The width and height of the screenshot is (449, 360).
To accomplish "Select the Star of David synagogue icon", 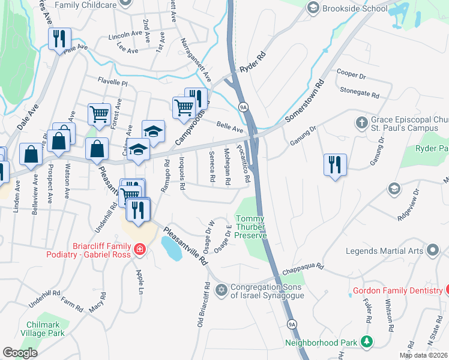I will click(221, 290).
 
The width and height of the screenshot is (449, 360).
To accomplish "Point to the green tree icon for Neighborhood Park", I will click(366, 342).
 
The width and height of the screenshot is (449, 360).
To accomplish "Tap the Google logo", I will click(20, 353).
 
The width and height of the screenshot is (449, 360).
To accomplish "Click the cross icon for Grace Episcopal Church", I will click(362, 122).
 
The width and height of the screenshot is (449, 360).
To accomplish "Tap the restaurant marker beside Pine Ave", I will click(59, 40).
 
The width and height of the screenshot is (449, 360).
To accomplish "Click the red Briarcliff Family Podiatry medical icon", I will click(139, 248).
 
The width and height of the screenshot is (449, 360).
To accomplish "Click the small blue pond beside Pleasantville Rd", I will click(172, 248).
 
